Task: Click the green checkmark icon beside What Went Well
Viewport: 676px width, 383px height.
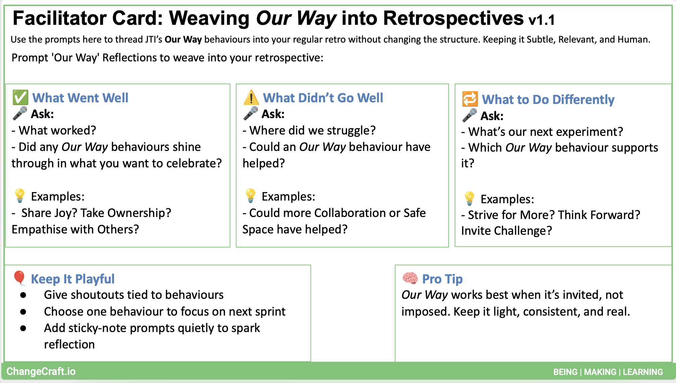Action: point(20,98)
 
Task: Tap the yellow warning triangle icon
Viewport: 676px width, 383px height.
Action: point(251,98)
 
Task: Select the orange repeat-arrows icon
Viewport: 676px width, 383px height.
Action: point(470,99)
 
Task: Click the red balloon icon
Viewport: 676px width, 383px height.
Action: point(19,278)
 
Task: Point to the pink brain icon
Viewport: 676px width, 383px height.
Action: point(410,278)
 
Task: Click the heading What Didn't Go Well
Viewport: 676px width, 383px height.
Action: point(323,98)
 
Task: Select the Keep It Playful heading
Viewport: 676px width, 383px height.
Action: point(73,279)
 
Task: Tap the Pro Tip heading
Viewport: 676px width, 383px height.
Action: point(442,279)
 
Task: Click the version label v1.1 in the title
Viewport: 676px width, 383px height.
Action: point(542,20)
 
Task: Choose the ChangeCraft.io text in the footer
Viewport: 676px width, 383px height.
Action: point(41,372)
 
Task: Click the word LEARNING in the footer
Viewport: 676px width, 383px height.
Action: point(643,372)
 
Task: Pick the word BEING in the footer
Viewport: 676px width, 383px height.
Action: point(565,372)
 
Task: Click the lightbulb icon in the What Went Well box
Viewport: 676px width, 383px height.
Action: point(20,196)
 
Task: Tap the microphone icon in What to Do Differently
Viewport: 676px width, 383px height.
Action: point(469,115)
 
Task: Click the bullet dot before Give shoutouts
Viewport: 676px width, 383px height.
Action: point(23,295)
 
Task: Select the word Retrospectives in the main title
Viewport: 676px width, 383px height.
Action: point(453,18)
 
